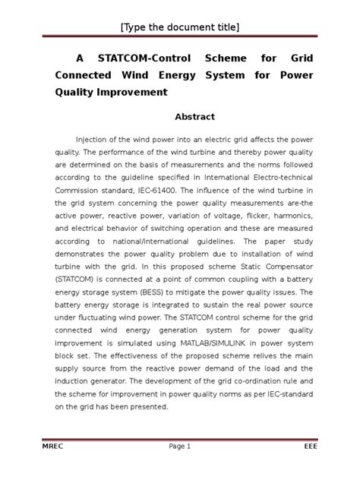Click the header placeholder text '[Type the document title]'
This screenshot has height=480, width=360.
[180, 28]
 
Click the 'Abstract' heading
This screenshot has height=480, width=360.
[195, 117]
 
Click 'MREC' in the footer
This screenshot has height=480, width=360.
[55, 447]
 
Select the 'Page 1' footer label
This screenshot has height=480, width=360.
[179, 447]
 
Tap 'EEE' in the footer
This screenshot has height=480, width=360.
[308, 447]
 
